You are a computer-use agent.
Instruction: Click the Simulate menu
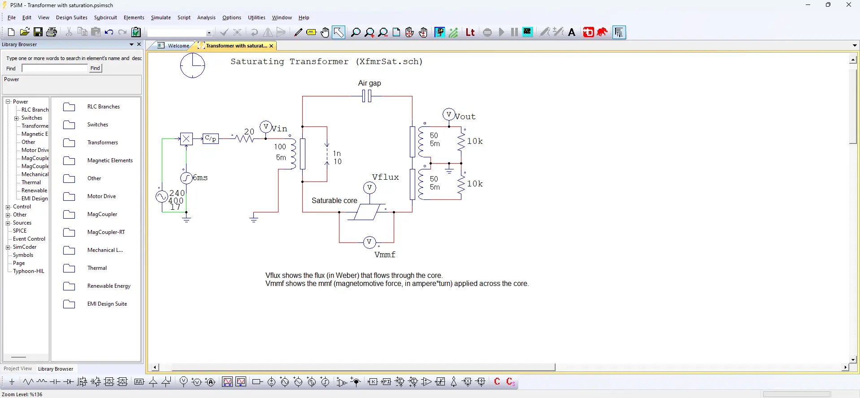coord(161,17)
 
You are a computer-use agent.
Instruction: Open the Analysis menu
coord(206,17)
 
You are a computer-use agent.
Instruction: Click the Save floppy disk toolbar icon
coord(38,32)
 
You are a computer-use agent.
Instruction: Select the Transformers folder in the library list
coord(102,143)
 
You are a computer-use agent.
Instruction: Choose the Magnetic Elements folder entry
coord(110,160)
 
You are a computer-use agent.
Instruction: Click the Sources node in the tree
coord(22,223)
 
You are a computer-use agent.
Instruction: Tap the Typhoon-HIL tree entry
coord(29,271)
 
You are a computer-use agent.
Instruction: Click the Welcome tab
coord(178,46)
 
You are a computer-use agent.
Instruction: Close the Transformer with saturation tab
coord(271,46)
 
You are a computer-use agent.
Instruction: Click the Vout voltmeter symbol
coord(448,115)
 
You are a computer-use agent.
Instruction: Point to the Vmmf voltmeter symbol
coord(369,242)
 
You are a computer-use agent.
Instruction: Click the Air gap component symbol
coord(367,96)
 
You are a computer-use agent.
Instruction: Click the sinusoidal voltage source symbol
coord(161,196)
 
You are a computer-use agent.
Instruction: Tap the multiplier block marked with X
coord(186,139)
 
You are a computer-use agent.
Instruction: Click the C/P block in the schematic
coord(210,138)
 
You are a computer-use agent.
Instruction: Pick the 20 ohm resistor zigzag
coord(245,139)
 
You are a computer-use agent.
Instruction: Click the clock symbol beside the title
coord(192,65)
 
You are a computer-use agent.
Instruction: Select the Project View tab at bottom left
coord(18,369)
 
